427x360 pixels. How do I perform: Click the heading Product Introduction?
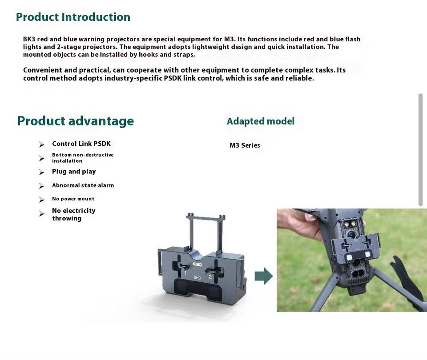pyautogui.click(x=73, y=17)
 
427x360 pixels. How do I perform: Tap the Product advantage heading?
pyautogui.click(x=76, y=121)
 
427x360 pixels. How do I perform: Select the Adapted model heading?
pyautogui.click(x=261, y=121)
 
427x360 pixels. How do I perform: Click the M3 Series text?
pyautogui.click(x=245, y=145)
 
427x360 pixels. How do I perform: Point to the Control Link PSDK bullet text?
pyautogui.click(x=81, y=144)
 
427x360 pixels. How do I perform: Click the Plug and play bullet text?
pyautogui.click(x=74, y=172)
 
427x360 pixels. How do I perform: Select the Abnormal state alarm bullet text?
pyautogui.click(x=83, y=185)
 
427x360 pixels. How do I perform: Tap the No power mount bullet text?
pyautogui.click(x=73, y=199)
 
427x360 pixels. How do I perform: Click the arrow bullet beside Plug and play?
pyautogui.click(x=42, y=172)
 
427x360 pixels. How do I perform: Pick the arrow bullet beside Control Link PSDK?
pyautogui.click(x=42, y=144)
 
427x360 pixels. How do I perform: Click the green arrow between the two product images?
pyautogui.click(x=264, y=276)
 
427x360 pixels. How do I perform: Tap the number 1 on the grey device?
pyautogui.click(x=185, y=272)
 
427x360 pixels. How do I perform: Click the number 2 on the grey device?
pyautogui.click(x=210, y=277)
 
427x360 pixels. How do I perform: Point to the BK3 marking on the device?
pyautogui.click(x=197, y=277)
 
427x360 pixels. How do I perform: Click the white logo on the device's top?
pyautogui.click(x=197, y=264)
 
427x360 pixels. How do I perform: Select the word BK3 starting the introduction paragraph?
pyautogui.click(x=29, y=39)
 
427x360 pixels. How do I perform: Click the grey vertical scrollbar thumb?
pyautogui.click(x=420, y=150)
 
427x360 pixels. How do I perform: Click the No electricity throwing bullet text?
pyautogui.click(x=73, y=214)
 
